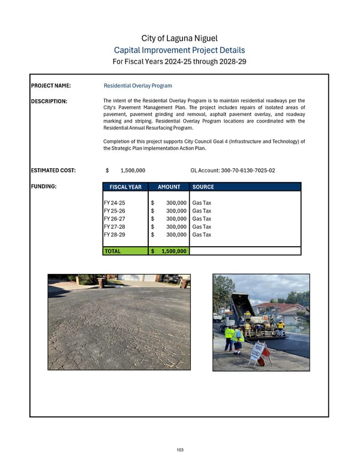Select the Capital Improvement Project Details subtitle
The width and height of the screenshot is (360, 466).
pos(179,50)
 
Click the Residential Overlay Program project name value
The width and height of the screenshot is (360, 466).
pos(138,86)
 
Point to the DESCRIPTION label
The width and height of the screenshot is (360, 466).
pos(49,101)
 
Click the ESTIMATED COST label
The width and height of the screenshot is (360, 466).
pos(53,171)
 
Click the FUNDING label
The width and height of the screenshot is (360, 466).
pos(44,187)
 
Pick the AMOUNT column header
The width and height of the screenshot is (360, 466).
pos(169,187)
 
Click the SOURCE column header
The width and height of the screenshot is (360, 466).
pos(203,187)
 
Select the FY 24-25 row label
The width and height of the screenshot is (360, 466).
pos(115,203)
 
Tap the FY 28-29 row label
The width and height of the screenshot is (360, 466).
pos(115,234)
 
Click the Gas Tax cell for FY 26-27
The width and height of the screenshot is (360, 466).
pos(202,219)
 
